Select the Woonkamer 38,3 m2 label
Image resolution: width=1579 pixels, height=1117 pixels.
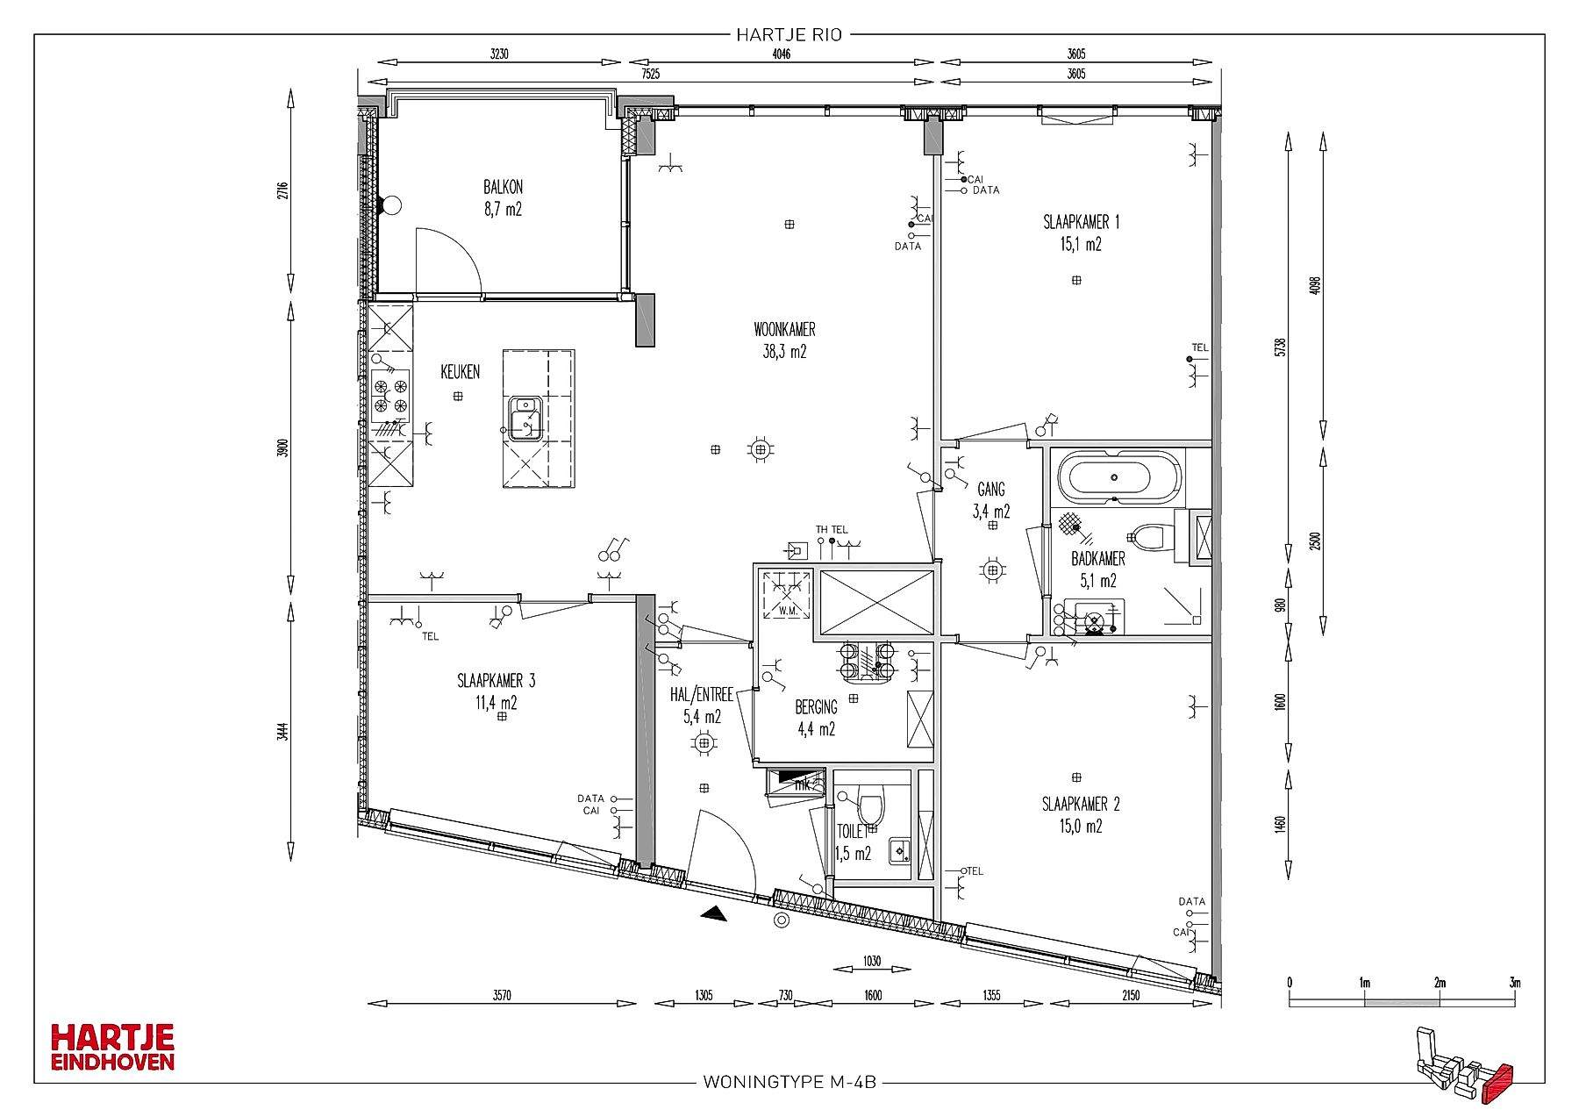click(x=784, y=341)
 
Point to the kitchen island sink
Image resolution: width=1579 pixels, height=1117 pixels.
click(x=525, y=419)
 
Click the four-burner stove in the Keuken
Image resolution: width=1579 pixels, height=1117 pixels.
click(x=390, y=393)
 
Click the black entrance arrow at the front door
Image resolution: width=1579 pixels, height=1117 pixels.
click(x=714, y=913)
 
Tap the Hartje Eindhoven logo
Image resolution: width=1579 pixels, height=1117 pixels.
click(x=112, y=1047)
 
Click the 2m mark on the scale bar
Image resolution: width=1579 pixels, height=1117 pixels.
click(x=1440, y=982)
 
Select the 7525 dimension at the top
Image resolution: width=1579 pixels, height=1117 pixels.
click(x=650, y=75)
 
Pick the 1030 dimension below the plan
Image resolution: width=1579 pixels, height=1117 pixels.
click(x=872, y=961)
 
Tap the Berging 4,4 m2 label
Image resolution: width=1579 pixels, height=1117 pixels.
click(x=816, y=717)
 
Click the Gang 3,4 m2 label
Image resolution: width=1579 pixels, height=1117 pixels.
click(x=991, y=500)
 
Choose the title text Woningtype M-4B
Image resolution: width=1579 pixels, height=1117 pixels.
click(x=789, y=1082)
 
